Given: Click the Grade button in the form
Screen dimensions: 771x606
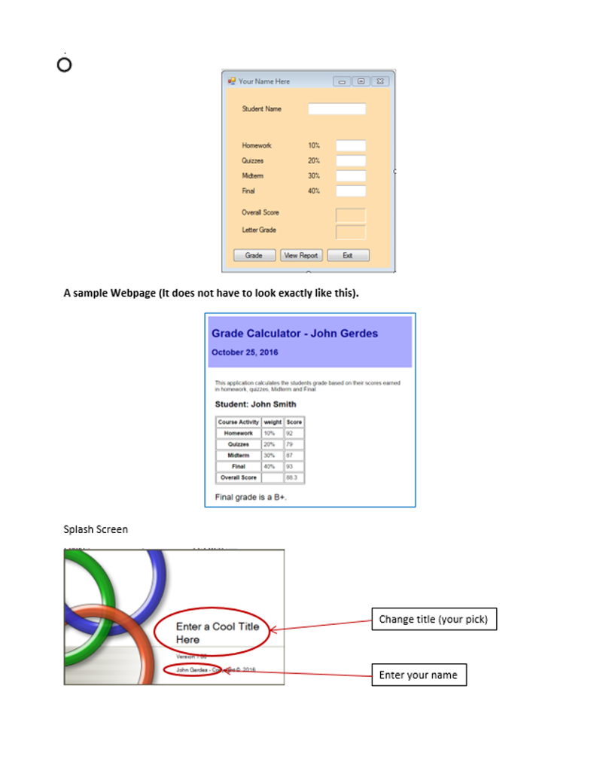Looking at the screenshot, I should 254,255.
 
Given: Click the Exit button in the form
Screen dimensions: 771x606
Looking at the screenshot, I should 348,255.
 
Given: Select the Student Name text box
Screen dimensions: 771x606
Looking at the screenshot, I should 336,109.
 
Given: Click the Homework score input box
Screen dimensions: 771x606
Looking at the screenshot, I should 350,146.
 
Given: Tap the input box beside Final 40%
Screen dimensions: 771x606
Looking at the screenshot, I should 350,191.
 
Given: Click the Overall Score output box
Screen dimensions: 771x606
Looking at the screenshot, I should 350,215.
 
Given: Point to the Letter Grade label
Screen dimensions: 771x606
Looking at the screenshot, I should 259,230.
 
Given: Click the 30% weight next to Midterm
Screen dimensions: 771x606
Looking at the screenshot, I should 314,175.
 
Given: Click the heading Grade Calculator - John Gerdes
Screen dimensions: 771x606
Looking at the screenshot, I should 294,334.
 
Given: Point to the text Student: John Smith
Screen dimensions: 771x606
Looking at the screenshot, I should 255,404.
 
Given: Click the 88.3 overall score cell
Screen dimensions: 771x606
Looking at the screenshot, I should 294,477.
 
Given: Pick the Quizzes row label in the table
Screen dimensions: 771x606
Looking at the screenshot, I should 239,444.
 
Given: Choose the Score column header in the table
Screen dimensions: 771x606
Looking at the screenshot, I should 294,422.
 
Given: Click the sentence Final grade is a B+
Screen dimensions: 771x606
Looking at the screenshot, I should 251,497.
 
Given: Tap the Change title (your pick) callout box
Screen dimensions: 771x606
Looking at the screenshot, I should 433,620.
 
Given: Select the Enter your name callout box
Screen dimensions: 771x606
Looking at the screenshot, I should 419,675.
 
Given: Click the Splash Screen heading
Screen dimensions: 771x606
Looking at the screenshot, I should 96,529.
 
